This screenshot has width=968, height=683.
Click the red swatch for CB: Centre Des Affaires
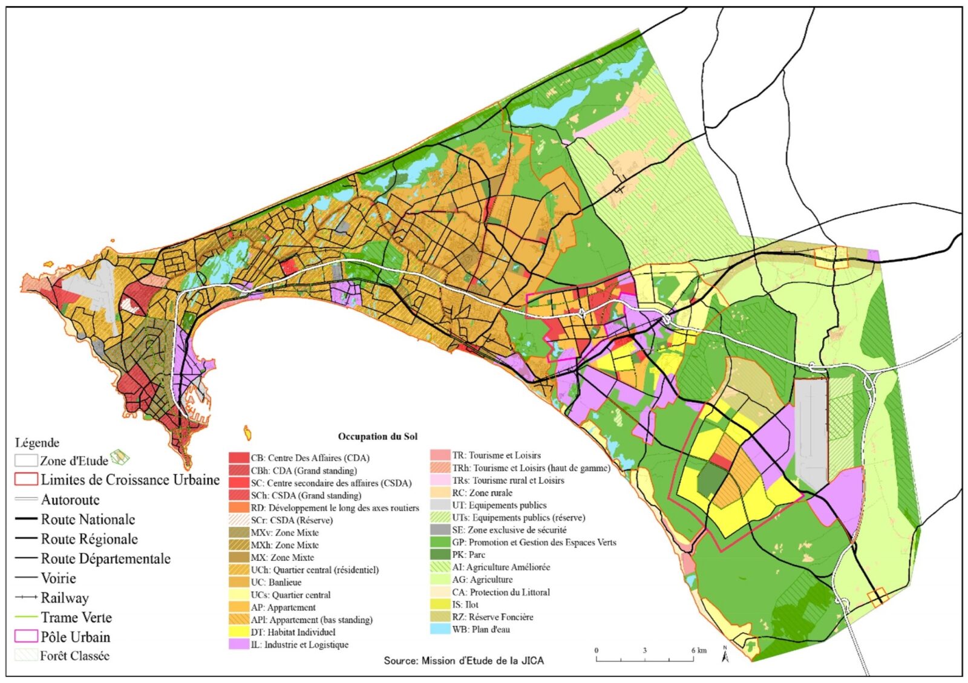click(x=239, y=458)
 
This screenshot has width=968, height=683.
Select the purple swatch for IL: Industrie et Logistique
click(x=239, y=644)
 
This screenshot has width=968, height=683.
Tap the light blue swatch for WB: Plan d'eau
click(x=440, y=629)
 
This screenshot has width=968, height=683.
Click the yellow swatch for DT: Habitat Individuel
click(x=239, y=632)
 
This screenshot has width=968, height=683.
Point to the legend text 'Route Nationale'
click(x=88, y=519)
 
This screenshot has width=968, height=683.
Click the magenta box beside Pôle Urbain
click(x=26, y=636)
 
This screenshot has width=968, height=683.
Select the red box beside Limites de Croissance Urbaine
click(x=26, y=480)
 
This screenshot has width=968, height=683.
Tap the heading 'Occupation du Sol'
click(x=378, y=436)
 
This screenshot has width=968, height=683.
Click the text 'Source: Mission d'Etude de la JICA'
click(x=463, y=661)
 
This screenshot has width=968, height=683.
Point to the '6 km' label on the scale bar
click(x=698, y=650)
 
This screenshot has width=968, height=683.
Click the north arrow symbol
click(x=725, y=655)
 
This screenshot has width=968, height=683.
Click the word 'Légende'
click(x=37, y=442)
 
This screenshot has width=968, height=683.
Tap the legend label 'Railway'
click(x=65, y=598)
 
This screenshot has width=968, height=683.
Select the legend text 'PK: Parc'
click(x=468, y=554)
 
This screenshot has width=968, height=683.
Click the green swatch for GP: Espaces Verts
click(x=440, y=542)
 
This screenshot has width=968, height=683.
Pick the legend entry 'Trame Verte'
click(x=76, y=617)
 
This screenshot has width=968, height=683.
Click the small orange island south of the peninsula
click(x=247, y=433)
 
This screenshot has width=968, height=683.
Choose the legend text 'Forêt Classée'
click(x=74, y=656)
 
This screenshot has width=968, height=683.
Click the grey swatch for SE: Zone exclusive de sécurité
click(x=440, y=529)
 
